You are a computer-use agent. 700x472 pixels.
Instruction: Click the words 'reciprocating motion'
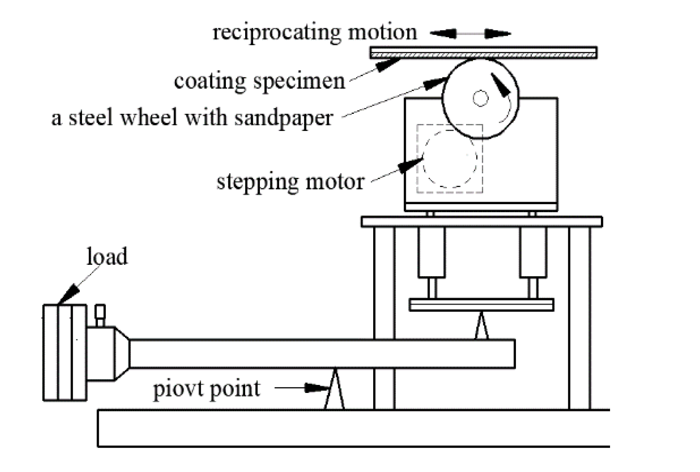point(315,33)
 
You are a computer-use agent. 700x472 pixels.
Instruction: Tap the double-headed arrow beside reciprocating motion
point(470,33)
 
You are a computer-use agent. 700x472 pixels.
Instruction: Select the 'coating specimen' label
point(259,81)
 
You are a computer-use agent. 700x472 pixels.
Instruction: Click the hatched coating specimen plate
point(483,53)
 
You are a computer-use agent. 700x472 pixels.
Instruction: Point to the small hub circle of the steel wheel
point(480,99)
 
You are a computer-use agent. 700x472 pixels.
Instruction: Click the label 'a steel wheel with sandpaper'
point(192,118)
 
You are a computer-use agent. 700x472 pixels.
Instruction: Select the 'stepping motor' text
point(290,182)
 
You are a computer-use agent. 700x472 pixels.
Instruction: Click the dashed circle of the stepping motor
point(450,159)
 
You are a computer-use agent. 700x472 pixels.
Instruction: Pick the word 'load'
point(107,257)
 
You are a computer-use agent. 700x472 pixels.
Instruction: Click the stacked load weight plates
point(65,352)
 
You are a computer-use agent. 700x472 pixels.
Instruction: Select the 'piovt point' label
point(206,389)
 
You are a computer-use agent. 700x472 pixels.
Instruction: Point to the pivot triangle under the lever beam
point(334,391)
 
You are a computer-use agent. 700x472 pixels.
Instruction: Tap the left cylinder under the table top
point(431,252)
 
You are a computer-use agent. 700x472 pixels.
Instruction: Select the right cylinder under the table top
point(533,252)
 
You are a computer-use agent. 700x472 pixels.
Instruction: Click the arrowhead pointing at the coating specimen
point(387,65)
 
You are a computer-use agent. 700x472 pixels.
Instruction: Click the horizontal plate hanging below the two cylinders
point(481,305)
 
